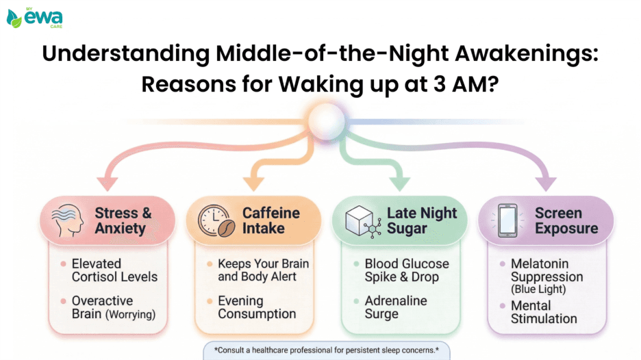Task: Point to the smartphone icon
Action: click(508, 220)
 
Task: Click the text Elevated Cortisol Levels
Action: click(114, 270)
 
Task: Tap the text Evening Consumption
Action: click(257, 307)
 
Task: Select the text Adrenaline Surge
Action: click(395, 307)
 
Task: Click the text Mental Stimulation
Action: click(544, 311)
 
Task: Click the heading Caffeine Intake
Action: click(271, 220)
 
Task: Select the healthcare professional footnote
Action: click(326, 350)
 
